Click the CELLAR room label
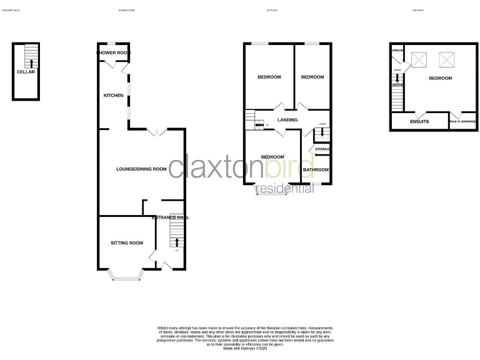coord(26,72)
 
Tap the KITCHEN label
coord(113,96)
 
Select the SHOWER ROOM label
coord(113,53)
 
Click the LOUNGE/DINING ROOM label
coord(141,169)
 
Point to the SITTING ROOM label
coord(127,242)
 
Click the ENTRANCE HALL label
coord(170,217)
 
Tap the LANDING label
coord(287,120)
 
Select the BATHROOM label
coord(316,169)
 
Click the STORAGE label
coord(322,149)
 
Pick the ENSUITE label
coord(419,121)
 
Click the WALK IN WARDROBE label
coord(463,121)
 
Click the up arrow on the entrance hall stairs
coord(176,242)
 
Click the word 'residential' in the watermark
coord(285,189)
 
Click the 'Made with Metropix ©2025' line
coord(244,348)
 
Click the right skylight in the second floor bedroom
coord(447,59)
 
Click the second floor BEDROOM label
coord(441,78)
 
